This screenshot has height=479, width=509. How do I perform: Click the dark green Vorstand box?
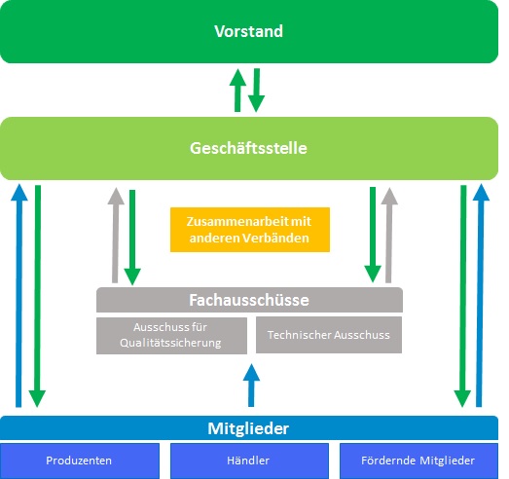tap(249, 31)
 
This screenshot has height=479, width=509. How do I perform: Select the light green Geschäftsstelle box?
tap(249, 148)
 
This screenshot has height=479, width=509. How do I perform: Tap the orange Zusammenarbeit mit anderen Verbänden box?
tap(250, 230)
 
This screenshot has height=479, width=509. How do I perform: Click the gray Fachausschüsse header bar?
tap(249, 300)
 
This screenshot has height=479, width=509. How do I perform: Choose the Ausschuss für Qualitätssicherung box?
tap(171, 336)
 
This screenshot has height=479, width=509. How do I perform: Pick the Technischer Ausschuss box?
tap(329, 335)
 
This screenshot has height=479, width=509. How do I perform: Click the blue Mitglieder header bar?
tap(249, 428)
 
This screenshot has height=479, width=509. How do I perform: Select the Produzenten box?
tap(80, 461)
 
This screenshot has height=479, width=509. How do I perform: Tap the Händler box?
tap(249, 461)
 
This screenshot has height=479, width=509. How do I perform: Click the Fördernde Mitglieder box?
tap(418, 461)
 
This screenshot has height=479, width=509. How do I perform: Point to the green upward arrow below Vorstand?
tap(237, 91)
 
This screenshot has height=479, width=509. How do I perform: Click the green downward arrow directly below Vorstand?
tap(257, 91)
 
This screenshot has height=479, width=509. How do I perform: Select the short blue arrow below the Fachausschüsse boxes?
tap(251, 386)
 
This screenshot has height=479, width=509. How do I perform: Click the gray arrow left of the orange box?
tap(115, 235)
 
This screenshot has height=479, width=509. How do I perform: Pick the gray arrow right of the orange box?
tap(389, 235)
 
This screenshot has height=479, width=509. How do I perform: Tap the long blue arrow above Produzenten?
tap(18, 295)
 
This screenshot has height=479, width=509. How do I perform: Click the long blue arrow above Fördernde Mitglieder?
tap(480, 295)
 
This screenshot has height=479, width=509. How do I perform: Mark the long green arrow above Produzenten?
tap(37, 296)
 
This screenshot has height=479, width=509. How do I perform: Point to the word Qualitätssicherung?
tap(170, 343)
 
